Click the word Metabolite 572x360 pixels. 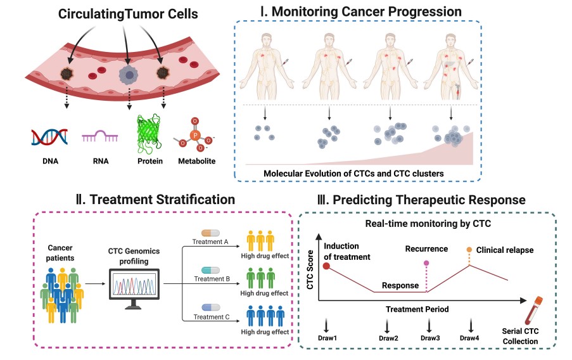pos(196,161)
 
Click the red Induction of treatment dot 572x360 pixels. pos(326,266)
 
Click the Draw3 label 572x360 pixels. pos(430,338)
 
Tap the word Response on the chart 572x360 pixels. pos(400,285)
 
